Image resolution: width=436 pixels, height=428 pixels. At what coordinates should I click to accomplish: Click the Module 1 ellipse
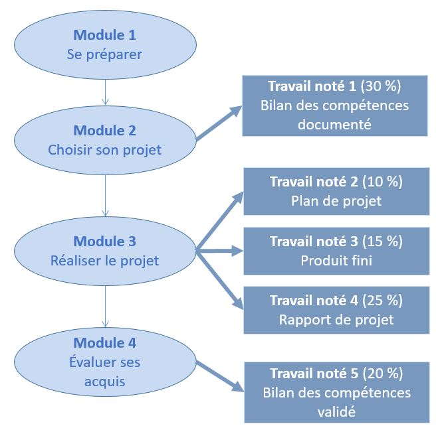[x=104, y=44]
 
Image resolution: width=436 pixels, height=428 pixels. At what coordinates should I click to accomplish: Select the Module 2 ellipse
[x=104, y=139]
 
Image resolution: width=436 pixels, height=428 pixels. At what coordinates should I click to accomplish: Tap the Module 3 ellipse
[x=104, y=250]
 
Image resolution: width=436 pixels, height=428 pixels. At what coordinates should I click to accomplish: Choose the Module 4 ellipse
[x=104, y=362]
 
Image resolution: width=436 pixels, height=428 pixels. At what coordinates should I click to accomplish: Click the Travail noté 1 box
[x=334, y=106]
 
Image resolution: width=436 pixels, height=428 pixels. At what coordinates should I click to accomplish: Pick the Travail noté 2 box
[x=336, y=192]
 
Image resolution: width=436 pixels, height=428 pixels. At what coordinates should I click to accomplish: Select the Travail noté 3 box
[x=336, y=251]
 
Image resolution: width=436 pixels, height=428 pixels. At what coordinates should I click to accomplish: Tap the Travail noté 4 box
[x=336, y=310]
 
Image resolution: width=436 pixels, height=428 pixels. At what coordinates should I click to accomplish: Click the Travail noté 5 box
[x=336, y=392]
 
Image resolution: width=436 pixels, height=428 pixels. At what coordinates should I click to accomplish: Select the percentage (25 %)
[x=382, y=301]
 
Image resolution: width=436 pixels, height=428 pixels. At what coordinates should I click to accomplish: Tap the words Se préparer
[x=104, y=54]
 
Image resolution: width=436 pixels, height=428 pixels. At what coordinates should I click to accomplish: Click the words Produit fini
[x=336, y=261]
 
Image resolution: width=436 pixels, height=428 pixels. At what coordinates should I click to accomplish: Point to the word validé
[x=336, y=411]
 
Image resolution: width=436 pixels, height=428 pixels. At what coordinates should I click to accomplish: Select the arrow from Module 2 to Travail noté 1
[x=219, y=124]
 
